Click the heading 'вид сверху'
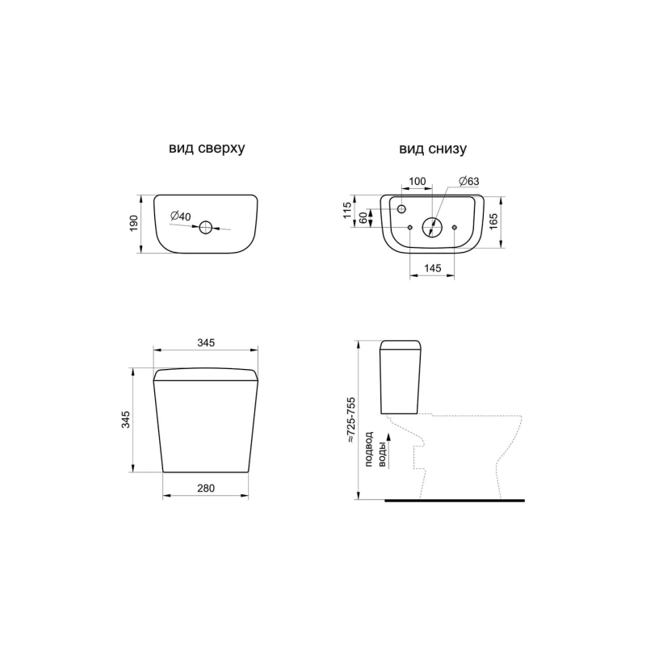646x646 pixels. pyautogui.click(x=207, y=149)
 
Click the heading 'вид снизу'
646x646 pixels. pyautogui.click(x=433, y=149)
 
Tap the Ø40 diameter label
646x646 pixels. pyautogui.click(x=180, y=216)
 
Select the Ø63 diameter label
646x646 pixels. pyautogui.click(x=468, y=181)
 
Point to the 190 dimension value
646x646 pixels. pyautogui.click(x=134, y=224)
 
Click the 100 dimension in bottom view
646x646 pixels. pyautogui.click(x=417, y=181)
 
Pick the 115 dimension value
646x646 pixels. pyautogui.click(x=347, y=210)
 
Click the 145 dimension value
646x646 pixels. pyautogui.click(x=432, y=268)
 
